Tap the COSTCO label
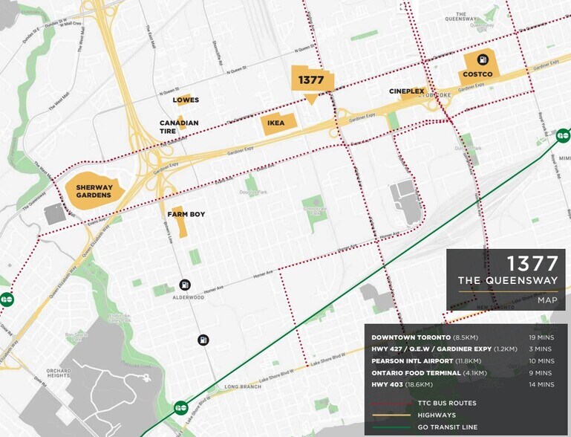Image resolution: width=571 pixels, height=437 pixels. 477,74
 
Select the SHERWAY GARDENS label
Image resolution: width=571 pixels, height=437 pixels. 93,191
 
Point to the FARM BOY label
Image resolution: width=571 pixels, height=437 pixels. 186,214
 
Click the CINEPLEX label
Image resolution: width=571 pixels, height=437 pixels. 407,91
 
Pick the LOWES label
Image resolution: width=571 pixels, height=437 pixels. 186,100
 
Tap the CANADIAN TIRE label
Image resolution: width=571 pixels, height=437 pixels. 179,127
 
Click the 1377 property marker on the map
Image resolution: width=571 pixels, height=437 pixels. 312,80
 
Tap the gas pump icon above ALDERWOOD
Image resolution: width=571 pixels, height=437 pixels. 184,285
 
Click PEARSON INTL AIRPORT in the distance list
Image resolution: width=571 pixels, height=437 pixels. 414,360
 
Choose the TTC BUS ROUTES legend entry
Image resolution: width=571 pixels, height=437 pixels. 447,403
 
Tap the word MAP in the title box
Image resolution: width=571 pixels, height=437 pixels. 547,300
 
